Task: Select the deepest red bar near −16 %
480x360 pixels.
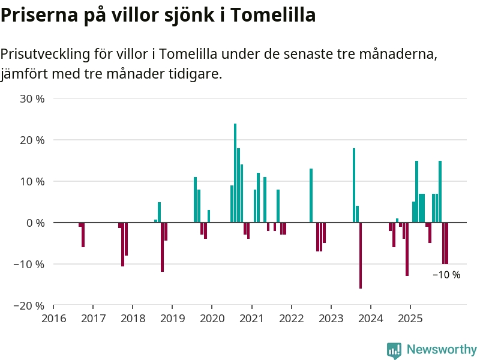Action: pos(361,256)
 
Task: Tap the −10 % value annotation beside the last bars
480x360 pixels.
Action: pos(446,275)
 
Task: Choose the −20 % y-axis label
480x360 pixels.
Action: pos(29,305)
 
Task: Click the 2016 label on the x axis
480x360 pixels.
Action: pos(53,318)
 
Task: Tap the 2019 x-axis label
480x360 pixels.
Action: pos(172,318)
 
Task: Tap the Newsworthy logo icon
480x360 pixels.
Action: pos(394,350)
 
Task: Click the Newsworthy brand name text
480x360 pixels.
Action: pos(442,350)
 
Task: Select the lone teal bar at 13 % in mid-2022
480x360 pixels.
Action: pos(311,196)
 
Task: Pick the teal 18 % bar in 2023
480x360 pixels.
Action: pos(354,185)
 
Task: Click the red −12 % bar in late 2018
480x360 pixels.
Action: pos(163,247)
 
